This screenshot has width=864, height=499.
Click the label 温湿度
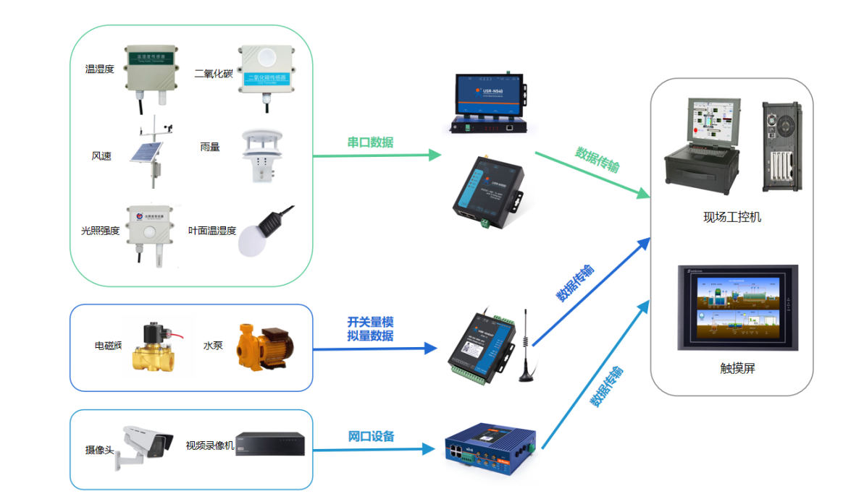coord(100,69)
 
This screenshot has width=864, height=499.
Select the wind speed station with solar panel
coord(151,153)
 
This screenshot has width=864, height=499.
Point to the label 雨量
coord(210,147)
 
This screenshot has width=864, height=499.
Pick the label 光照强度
coord(100,231)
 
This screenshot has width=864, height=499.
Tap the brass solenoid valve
coord(154,346)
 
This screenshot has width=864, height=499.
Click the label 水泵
coord(213,346)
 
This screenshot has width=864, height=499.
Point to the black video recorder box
coord(269,444)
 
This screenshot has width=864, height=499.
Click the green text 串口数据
coord(370,142)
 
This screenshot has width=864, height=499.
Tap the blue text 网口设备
coord(372,436)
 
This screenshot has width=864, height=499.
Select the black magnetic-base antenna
coord(525,347)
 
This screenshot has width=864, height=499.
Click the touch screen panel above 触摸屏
coord(737,307)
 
